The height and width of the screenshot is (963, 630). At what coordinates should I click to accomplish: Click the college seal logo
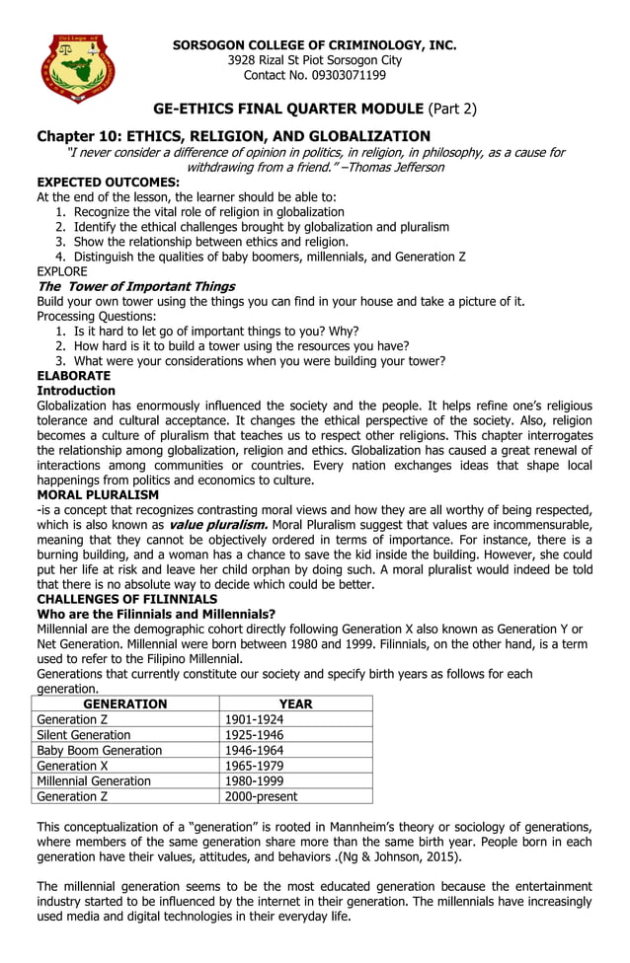coord(78,68)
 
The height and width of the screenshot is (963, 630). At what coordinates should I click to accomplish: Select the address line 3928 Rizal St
coord(314,60)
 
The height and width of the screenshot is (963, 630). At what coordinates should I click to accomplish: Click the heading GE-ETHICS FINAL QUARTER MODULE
coord(288,109)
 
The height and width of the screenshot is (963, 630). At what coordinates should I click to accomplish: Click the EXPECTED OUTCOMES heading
coord(108,183)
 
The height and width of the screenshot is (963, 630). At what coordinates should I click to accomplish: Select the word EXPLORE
coord(61,271)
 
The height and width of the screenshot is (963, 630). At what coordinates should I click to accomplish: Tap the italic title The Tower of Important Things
coord(135,286)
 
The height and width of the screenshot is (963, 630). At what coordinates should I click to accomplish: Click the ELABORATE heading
coord(73,376)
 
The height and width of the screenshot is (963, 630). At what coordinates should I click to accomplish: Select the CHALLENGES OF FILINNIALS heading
coord(126,599)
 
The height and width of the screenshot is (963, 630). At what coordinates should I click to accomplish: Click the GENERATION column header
coord(124,704)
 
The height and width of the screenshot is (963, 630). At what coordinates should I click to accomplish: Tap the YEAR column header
coord(295,704)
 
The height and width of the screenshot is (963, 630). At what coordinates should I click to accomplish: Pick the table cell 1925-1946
coord(254,735)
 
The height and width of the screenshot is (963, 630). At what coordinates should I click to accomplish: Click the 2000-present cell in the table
coord(261,795)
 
